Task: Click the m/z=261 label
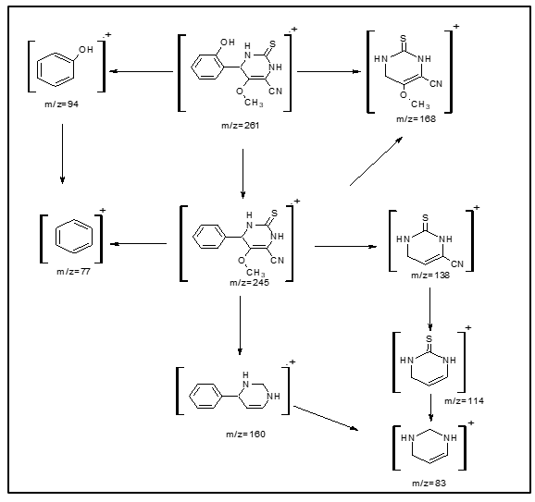coord(241,126)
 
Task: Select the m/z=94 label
coord(61,104)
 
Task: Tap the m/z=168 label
coord(416,119)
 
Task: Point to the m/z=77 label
coord(73,272)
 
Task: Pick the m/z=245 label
coord(249,283)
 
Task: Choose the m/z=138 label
coord(430,275)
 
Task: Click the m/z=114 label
coord(464,401)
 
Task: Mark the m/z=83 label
coord(429,484)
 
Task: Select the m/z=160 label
coord(245,435)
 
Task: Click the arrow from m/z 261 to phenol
coord(142,71)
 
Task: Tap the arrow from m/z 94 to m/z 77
coord(62,153)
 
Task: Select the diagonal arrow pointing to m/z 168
coord(377,161)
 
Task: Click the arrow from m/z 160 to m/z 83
coord(326,418)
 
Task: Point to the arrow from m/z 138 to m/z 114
coord(429,310)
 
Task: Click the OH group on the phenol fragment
coord(86,50)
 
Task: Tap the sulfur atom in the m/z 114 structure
coord(429,338)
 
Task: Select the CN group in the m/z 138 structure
coord(457,264)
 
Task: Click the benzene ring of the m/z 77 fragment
coord(74,237)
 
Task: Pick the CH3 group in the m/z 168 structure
coord(420,104)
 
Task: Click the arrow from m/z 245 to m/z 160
coord(241,325)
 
